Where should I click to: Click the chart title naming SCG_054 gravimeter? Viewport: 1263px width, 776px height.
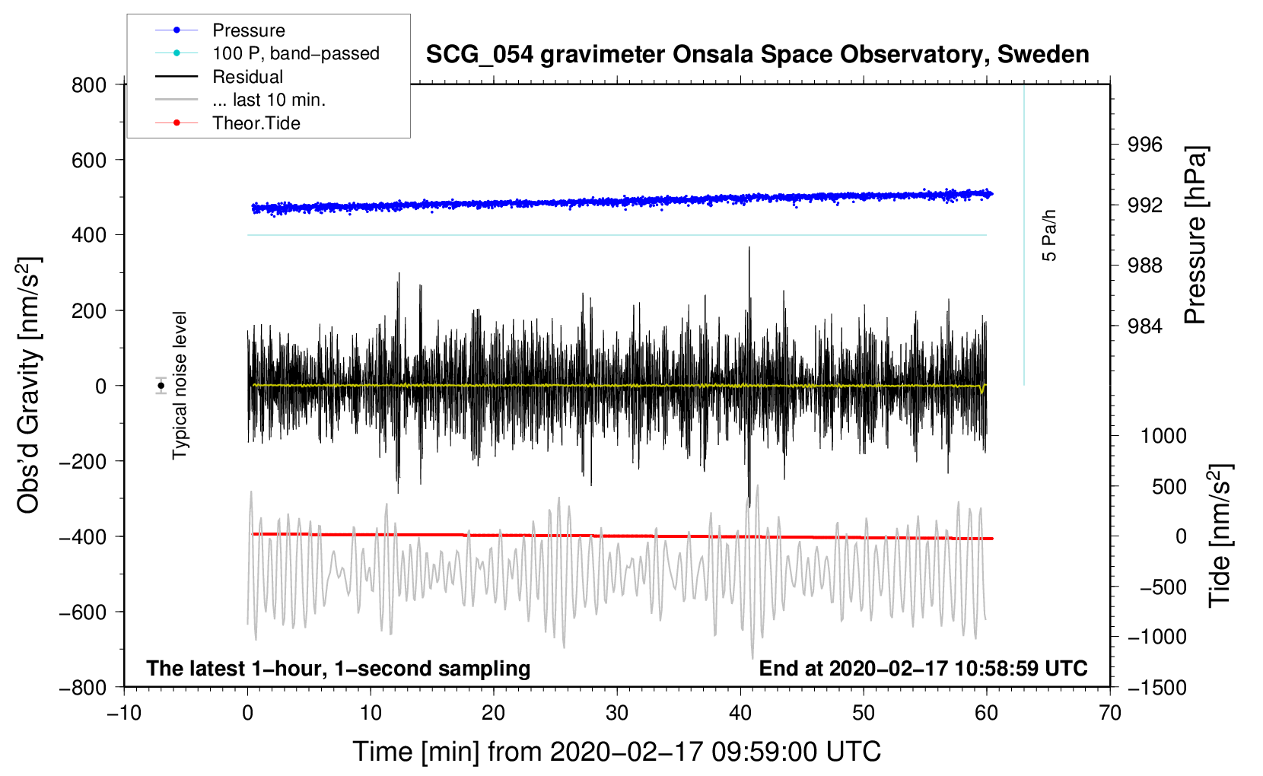point(757,55)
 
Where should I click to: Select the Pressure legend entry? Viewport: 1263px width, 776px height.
point(248,30)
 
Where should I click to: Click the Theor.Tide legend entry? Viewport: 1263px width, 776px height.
point(256,123)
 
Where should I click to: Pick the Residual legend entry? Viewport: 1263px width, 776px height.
point(247,77)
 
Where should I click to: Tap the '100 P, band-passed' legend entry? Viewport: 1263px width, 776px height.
point(295,53)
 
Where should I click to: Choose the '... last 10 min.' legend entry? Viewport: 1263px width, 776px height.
point(269,100)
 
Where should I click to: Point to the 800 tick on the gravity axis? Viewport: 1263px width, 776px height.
point(89,85)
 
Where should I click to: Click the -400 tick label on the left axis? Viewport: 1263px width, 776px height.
point(83,537)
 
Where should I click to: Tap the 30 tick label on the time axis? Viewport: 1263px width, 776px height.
point(617,713)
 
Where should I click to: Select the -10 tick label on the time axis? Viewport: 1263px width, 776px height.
point(124,713)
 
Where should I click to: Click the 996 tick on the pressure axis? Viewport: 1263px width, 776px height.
point(1145,145)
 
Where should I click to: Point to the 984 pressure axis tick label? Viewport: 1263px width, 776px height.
point(1145,326)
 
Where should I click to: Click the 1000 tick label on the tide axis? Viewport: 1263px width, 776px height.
point(1163,436)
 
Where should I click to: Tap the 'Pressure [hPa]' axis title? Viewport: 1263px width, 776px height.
point(1195,236)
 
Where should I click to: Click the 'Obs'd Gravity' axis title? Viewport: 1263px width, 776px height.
point(29,385)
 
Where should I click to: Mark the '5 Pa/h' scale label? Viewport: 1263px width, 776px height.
point(1049,236)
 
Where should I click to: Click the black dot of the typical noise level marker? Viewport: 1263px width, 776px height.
point(161,386)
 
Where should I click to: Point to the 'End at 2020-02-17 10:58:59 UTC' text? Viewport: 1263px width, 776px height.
point(923,669)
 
